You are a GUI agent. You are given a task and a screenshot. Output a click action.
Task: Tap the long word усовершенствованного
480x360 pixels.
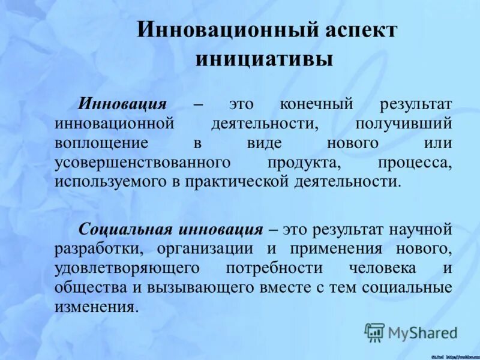(143, 163)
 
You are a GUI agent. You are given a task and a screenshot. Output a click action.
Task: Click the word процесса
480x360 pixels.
(415, 163)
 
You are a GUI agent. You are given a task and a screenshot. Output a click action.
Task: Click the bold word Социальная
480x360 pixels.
(125, 229)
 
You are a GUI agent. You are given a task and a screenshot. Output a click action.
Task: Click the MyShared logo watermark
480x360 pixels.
(410, 332)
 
